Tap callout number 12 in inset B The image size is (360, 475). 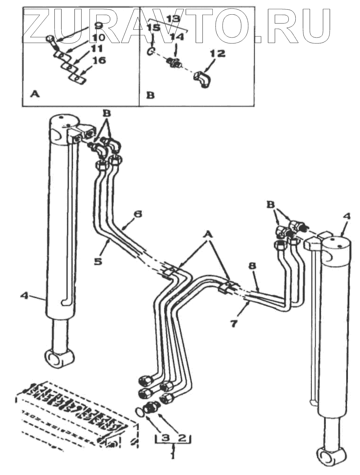click(217, 54)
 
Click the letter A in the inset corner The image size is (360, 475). click(35, 94)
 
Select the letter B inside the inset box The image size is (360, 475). click(150, 95)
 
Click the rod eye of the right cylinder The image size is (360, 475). click(328, 455)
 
